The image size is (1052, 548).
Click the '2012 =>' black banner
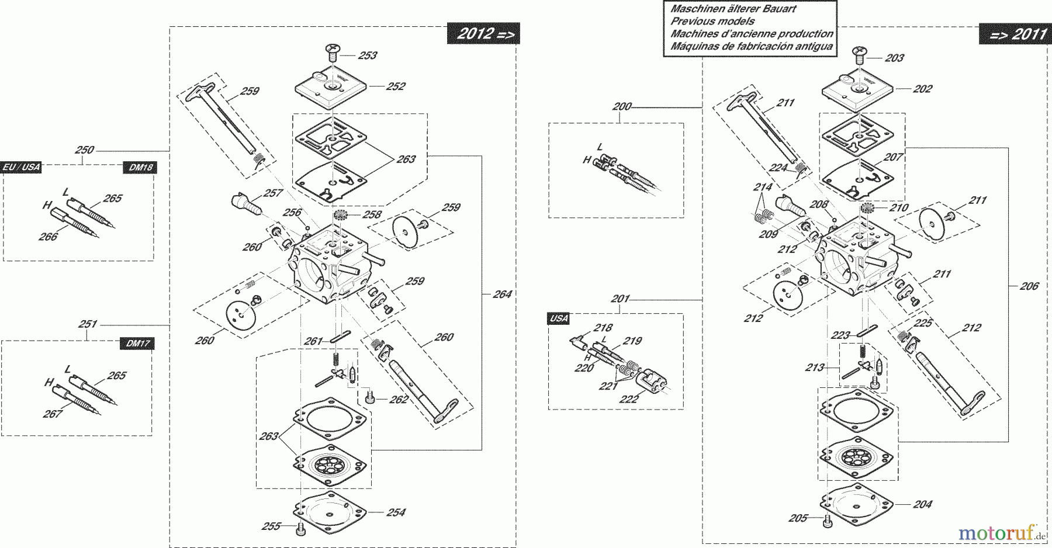coord(483,34)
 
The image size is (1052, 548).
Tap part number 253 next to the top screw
coord(368,56)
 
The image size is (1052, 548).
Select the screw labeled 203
coord(859,56)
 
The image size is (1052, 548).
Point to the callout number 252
coord(396,86)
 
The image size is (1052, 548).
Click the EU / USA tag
coord(22,167)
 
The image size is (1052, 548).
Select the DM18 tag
coord(141,168)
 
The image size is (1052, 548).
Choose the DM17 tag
coord(138,344)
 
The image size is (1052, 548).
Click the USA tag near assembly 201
coord(559,318)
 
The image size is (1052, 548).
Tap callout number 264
coord(502,294)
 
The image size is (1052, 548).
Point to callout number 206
coord(1029,286)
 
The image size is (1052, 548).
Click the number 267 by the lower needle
coord(53,414)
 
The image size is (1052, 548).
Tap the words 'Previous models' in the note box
coord(712,21)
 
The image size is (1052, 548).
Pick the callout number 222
coord(629,399)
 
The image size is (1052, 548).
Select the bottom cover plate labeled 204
coord(857,503)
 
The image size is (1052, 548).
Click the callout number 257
coord(273,193)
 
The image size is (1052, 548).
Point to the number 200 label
coord(622,106)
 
